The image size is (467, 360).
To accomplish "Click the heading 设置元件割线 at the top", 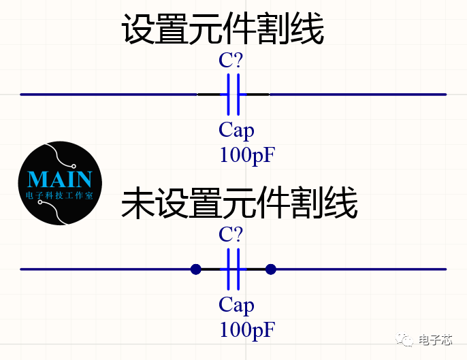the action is pos(222,30).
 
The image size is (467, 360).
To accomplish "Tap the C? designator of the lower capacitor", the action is pos(231,235).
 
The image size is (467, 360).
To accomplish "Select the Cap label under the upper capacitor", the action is pos(236,130).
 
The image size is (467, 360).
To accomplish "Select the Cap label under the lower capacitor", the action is pos(236,305).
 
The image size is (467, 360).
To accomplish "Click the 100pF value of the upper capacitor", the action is pos(247,155).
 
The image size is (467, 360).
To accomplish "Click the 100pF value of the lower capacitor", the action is pos(247,330).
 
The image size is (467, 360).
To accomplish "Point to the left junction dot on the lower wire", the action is pos(196,269).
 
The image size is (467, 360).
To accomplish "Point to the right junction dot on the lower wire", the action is pos(270,269).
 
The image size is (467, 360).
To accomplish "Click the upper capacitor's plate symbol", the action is pos(233,95).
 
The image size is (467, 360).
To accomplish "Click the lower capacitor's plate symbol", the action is pos(233,269).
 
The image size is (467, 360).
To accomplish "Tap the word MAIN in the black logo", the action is pos(60,180).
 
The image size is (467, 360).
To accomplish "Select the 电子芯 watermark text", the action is pos(435,340).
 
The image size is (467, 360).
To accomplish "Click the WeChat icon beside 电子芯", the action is pos(406,340).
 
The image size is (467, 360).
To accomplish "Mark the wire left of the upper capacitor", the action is pos(109,95).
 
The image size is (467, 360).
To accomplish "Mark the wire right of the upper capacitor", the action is pos(357,95).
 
